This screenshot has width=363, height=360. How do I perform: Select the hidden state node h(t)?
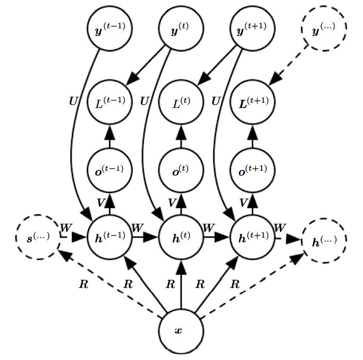pyautogui.click(x=181, y=239)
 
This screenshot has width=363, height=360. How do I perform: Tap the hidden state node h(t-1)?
pyautogui.click(x=109, y=239)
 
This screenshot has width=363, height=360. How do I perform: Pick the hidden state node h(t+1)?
pyautogui.click(x=252, y=239)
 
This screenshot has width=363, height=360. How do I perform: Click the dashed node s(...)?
pyautogui.click(x=38, y=239)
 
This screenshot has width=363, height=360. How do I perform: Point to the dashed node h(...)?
pyautogui.click(x=324, y=240)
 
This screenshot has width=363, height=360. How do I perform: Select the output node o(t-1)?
pyautogui.click(x=109, y=170)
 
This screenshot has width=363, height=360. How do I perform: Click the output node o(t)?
pyautogui.click(x=181, y=170)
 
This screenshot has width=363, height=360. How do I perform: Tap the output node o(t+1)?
pyautogui.click(x=252, y=170)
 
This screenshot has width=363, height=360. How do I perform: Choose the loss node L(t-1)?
pyautogui.click(x=109, y=101)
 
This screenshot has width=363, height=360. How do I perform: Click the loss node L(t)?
pyautogui.click(x=181, y=101)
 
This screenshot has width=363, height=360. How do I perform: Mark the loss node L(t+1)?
pyautogui.click(x=252, y=101)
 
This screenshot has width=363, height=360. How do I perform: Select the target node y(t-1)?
pyautogui.click(x=109, y=30)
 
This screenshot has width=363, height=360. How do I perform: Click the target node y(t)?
pyautogui.click(x=181, y=30)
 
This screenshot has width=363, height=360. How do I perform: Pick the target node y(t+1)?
pyautogui.click(x=252, y=30)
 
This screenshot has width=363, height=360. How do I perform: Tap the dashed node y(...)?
pyautogui.click(x=324, y=30)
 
